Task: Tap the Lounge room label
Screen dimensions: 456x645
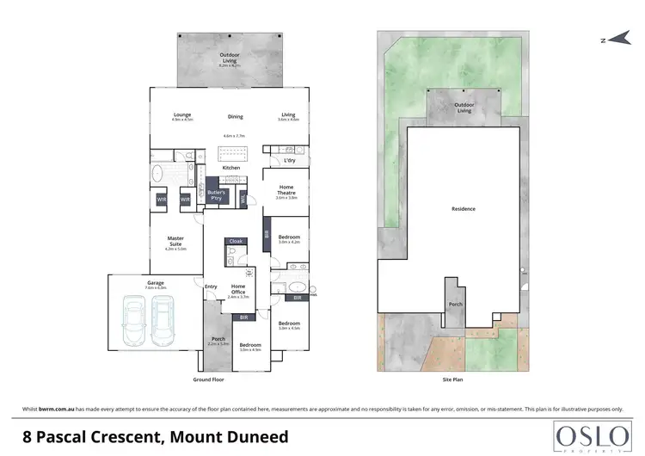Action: (181, 115)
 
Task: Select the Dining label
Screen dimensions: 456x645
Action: (235, 117)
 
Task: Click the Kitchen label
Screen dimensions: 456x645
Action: (231, 168)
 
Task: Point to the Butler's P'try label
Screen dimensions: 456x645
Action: (216, 194)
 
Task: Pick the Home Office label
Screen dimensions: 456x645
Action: (238, 289)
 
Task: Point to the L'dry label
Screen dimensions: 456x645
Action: (290, 161)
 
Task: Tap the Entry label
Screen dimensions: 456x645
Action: (211, 287)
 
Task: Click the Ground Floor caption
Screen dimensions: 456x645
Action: (209, 379)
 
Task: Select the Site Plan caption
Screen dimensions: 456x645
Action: (452, 379)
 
